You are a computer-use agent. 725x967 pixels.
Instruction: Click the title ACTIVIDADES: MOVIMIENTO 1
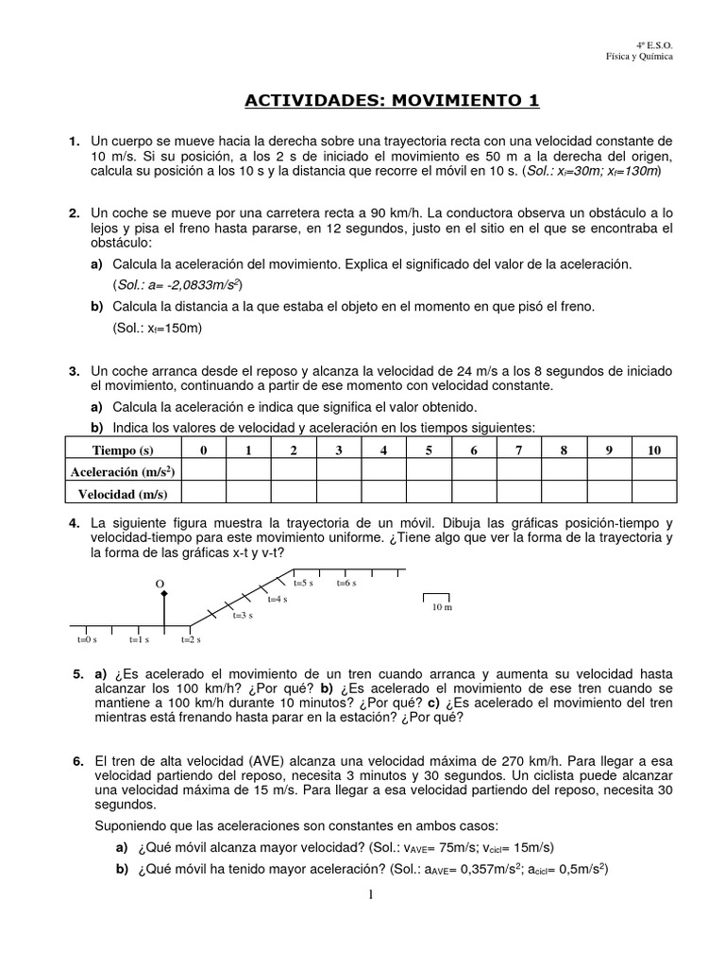393,100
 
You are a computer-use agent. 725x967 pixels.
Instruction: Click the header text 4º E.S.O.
654,44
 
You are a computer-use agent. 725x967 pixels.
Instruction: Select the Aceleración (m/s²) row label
122,471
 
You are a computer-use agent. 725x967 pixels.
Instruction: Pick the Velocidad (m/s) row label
122,493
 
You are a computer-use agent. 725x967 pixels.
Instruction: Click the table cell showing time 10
653,450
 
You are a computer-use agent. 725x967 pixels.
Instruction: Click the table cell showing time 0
202,450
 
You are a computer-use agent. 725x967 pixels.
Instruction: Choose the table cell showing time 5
429,450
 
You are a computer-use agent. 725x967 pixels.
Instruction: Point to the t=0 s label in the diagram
87,639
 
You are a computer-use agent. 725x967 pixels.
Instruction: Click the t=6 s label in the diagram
346,584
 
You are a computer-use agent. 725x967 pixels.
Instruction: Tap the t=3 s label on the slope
243,615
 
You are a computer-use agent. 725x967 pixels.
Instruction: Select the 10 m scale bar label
442,607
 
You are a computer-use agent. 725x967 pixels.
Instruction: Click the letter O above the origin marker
160,584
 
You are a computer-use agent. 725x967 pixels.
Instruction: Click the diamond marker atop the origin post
165,594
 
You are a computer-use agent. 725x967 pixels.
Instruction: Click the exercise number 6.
76,760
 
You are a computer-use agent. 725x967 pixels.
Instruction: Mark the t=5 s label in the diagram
303,584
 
